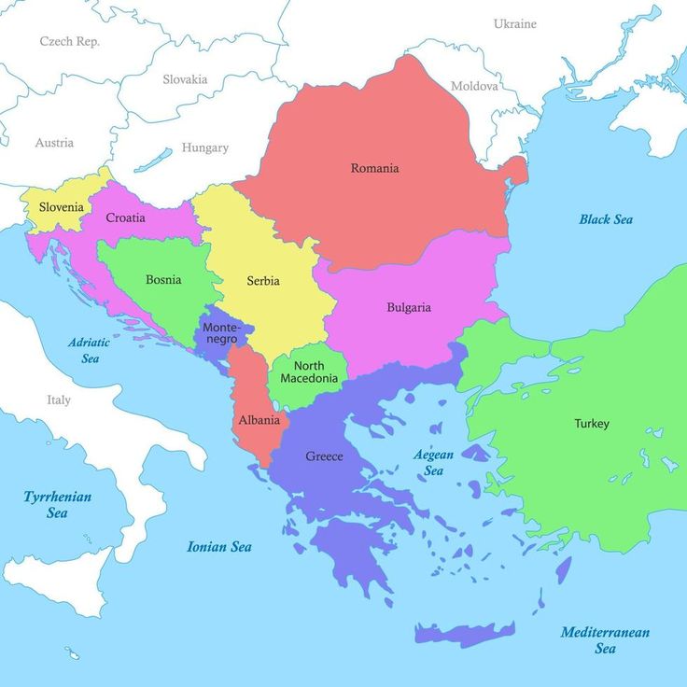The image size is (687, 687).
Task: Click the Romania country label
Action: [374, 168]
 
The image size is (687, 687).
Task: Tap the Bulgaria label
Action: [409, 307]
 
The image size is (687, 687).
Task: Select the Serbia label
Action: [263, 281]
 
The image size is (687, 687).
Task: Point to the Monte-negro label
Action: [220, 333]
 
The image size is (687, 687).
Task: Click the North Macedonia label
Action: [309, 372]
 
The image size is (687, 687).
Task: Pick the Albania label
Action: [259, 420]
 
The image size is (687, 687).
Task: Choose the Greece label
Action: [324, 456]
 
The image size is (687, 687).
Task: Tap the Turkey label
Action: [591, 424]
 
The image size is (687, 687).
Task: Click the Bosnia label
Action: [163, 279]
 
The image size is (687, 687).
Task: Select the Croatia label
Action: [125, 217]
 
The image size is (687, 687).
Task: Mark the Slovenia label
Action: [62, 207]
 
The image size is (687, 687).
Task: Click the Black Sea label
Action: [606, 219]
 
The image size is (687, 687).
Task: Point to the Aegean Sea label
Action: [433, 463]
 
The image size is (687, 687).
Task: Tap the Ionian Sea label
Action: [219, 547]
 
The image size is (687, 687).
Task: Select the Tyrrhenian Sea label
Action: [58, 505]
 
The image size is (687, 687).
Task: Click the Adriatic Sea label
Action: [89, 350]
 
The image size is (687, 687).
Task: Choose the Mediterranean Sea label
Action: [605, 640]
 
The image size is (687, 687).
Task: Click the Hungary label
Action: [204, 147]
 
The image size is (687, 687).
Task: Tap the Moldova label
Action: [474, 86]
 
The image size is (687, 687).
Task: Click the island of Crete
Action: [465, 634]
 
